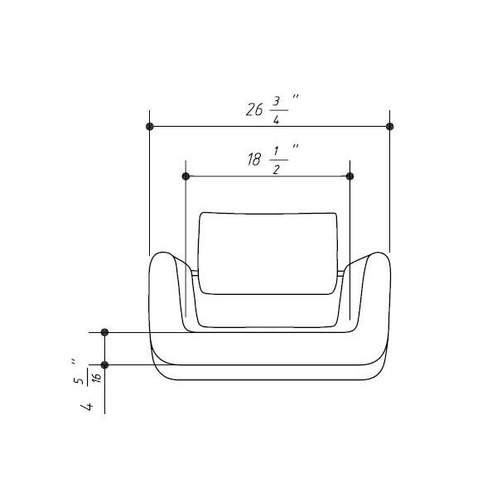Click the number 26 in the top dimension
click(x=254, y=109)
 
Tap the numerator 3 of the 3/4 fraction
click(x=277, y=101)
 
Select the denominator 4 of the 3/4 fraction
click(x=277, y=119)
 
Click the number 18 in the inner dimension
click(x=254, y=159)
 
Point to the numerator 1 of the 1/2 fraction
click(x=277, y=152)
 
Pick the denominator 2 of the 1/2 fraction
click(x=277, y=169)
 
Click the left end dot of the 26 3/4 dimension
click(x=150, y=127)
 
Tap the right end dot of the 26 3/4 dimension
click(x=390, y=127)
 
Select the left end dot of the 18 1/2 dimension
click(x=186, y=176)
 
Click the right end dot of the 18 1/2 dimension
click(x=350, y=176)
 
